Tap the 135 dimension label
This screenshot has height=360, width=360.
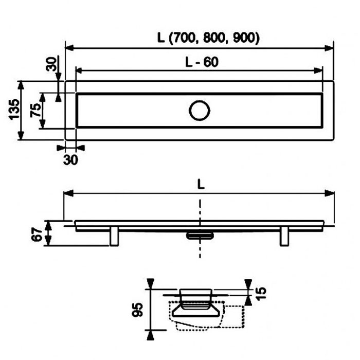click(14, 109)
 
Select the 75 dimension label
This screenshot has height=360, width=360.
click(35, 110)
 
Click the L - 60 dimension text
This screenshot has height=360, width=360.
click(202, 62)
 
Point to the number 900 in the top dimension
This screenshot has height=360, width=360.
click(244, 38)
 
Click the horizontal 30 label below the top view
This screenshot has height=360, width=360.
click(70, 160)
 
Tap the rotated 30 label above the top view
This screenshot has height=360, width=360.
click(51, 64)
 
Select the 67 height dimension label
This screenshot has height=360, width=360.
click(37, 235)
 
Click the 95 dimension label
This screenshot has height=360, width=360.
click(137, 310)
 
